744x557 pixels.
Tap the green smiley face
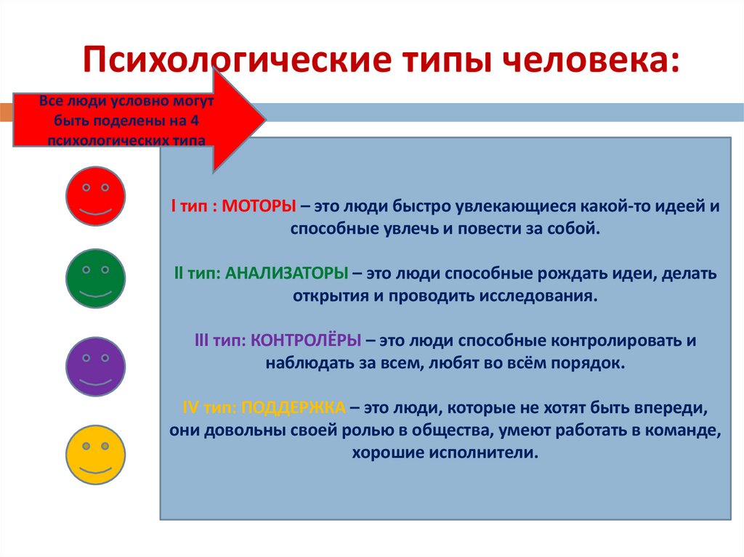click(x=96, y=279)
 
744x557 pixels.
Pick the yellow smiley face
click(x=96, y=455)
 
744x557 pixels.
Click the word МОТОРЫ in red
click(x=258, y=206)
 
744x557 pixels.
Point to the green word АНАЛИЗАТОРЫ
click(x=286, y=274)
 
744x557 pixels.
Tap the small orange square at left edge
click(x=5, y=113)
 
